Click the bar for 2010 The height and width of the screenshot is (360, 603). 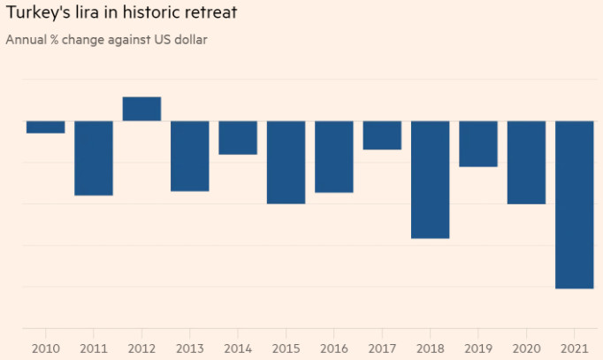45,126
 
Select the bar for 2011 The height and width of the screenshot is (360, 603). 94,157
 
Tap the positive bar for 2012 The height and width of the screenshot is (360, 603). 141,109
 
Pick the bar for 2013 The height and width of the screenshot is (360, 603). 190,156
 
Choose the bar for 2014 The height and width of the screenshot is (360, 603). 238,137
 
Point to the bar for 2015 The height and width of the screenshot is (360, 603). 286,162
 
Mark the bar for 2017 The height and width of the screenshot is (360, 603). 382,134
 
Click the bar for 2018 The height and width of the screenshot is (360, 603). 431,180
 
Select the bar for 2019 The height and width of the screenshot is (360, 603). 478,143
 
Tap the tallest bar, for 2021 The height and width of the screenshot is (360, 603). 575,204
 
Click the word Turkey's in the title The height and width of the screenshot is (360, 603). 37,15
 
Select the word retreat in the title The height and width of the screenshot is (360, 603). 209,15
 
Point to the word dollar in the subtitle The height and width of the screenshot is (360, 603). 188,40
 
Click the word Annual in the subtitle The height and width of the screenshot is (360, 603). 26,40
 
